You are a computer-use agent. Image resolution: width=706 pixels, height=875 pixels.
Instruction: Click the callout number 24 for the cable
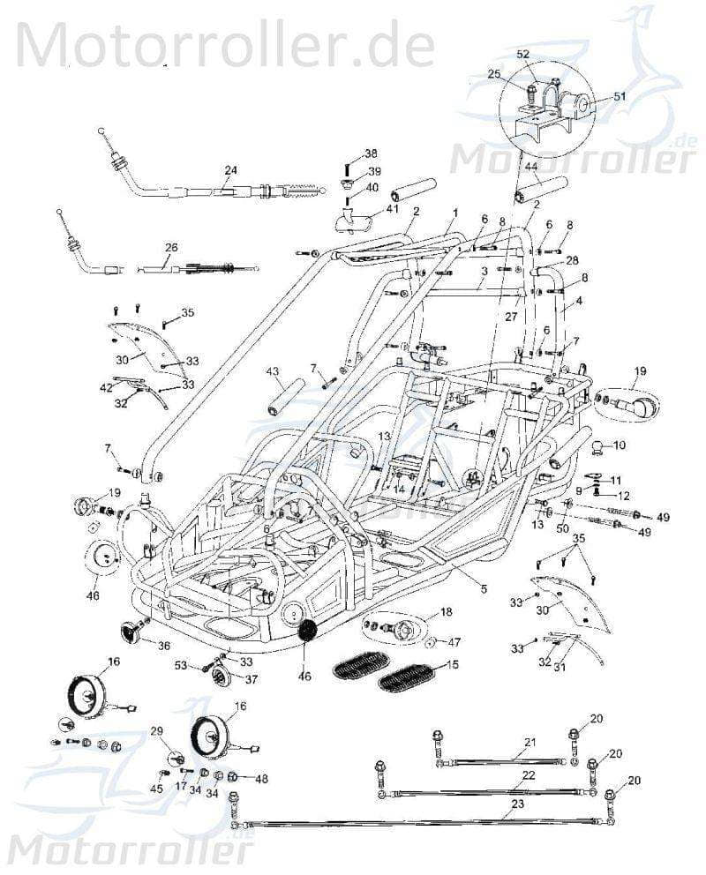tap(230, 170)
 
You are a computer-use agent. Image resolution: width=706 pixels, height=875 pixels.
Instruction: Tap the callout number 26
tap(171, 248)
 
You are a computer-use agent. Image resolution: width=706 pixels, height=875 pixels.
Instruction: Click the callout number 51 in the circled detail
tap(619, 97)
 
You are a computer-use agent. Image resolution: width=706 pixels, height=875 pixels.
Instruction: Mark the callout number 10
tap(620, 445)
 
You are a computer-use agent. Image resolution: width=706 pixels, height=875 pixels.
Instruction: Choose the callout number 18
tap(447, 611)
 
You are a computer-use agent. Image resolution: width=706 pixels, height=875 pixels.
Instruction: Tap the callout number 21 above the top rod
tap(529, 742)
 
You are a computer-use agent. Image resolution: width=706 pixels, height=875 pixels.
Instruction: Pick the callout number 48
tap(261, 778)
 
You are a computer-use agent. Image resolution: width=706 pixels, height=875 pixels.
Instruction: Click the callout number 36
tap(164, 646)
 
